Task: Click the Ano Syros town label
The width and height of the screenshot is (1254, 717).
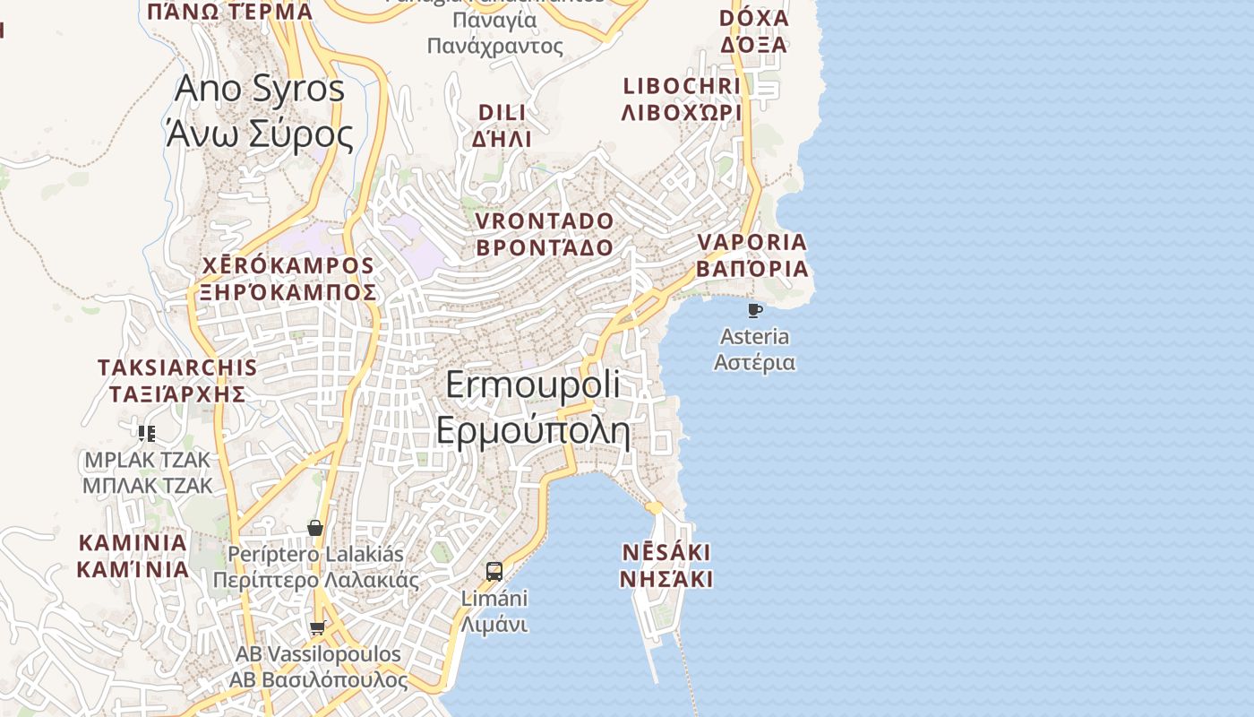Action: [x=260, y=111]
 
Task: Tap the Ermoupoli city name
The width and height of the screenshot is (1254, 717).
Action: [x=533, y=408]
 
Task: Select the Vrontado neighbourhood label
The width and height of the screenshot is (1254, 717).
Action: [x=545, y=234]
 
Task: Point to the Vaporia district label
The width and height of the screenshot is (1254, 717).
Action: [x=752, y=255]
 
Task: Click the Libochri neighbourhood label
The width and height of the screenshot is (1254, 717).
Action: [x=682, y=99]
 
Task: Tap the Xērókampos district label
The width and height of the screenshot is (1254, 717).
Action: [x=288, y=279]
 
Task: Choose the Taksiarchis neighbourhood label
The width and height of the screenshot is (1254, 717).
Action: [x=177, y=380]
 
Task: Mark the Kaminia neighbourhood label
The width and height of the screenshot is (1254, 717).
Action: [x=133, y=556]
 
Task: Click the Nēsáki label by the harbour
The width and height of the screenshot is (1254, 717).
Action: [x=666, y=565]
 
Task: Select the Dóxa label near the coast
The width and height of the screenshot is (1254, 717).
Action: [x=753, y=31]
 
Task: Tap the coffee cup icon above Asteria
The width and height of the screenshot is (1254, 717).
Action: [x=755, y=311]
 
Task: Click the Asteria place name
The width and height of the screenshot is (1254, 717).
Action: [x=755, y=350]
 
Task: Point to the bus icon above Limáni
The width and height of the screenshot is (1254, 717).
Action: [x=494, y=571]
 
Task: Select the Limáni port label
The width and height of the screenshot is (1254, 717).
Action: [x=494, y=611]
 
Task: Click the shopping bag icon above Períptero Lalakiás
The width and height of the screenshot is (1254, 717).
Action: [x=315, y=528]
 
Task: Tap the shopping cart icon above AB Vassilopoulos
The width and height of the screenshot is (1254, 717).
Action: [x=317, y=628]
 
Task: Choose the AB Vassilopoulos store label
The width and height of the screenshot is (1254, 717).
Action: [x=318, y=667]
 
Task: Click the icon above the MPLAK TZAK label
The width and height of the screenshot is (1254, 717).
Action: [x=147, y=434]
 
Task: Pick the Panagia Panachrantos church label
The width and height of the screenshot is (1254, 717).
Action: [x=494, y=31]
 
